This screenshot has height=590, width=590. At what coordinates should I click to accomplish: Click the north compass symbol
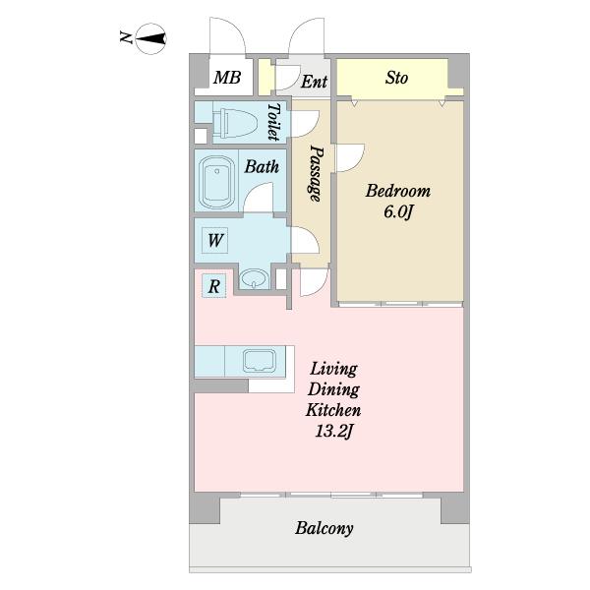[150, 38]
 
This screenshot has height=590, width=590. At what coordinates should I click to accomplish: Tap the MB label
[227, 78]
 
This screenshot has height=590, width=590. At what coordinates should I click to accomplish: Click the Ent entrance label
[314, 82]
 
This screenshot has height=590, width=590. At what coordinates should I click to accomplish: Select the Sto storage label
[396, 78]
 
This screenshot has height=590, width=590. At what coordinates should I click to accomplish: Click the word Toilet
[274, 122]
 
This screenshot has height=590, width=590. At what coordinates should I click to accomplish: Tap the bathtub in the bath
[216, 183]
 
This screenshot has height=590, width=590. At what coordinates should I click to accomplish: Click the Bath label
[262, 166]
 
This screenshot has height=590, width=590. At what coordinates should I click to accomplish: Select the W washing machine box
[214, 241]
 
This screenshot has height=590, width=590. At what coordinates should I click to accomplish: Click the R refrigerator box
[214, 286]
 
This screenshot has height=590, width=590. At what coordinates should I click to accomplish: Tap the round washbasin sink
[255, 279]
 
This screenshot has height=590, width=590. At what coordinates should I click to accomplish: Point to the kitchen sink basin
[260, 361]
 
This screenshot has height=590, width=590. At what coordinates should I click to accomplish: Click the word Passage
[317, 173]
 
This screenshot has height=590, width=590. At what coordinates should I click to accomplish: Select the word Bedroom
[398, 191]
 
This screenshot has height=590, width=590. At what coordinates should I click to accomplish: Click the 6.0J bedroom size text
[398, 212]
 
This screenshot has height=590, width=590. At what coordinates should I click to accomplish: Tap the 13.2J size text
[333, 432]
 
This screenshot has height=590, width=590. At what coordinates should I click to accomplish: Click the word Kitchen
[333, 410]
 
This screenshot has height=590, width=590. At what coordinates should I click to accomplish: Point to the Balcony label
[324, 528]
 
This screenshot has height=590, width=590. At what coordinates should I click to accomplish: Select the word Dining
[333, 389]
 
